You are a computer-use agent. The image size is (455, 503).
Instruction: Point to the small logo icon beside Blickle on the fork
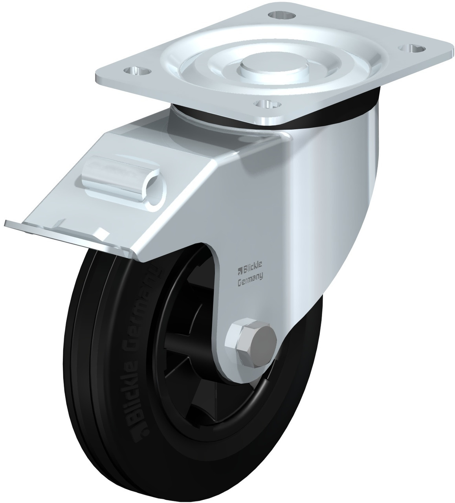click(238, 270)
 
